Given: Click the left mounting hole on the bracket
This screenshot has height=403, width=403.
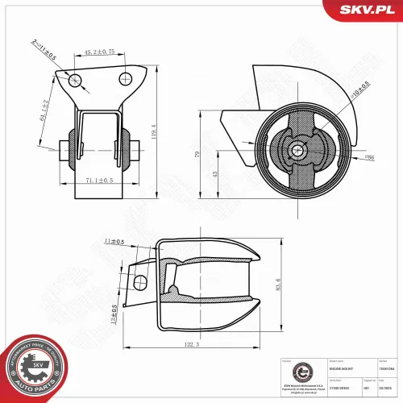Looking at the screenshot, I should point(75,79).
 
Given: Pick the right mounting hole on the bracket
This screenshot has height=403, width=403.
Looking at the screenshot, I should point(125,78).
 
